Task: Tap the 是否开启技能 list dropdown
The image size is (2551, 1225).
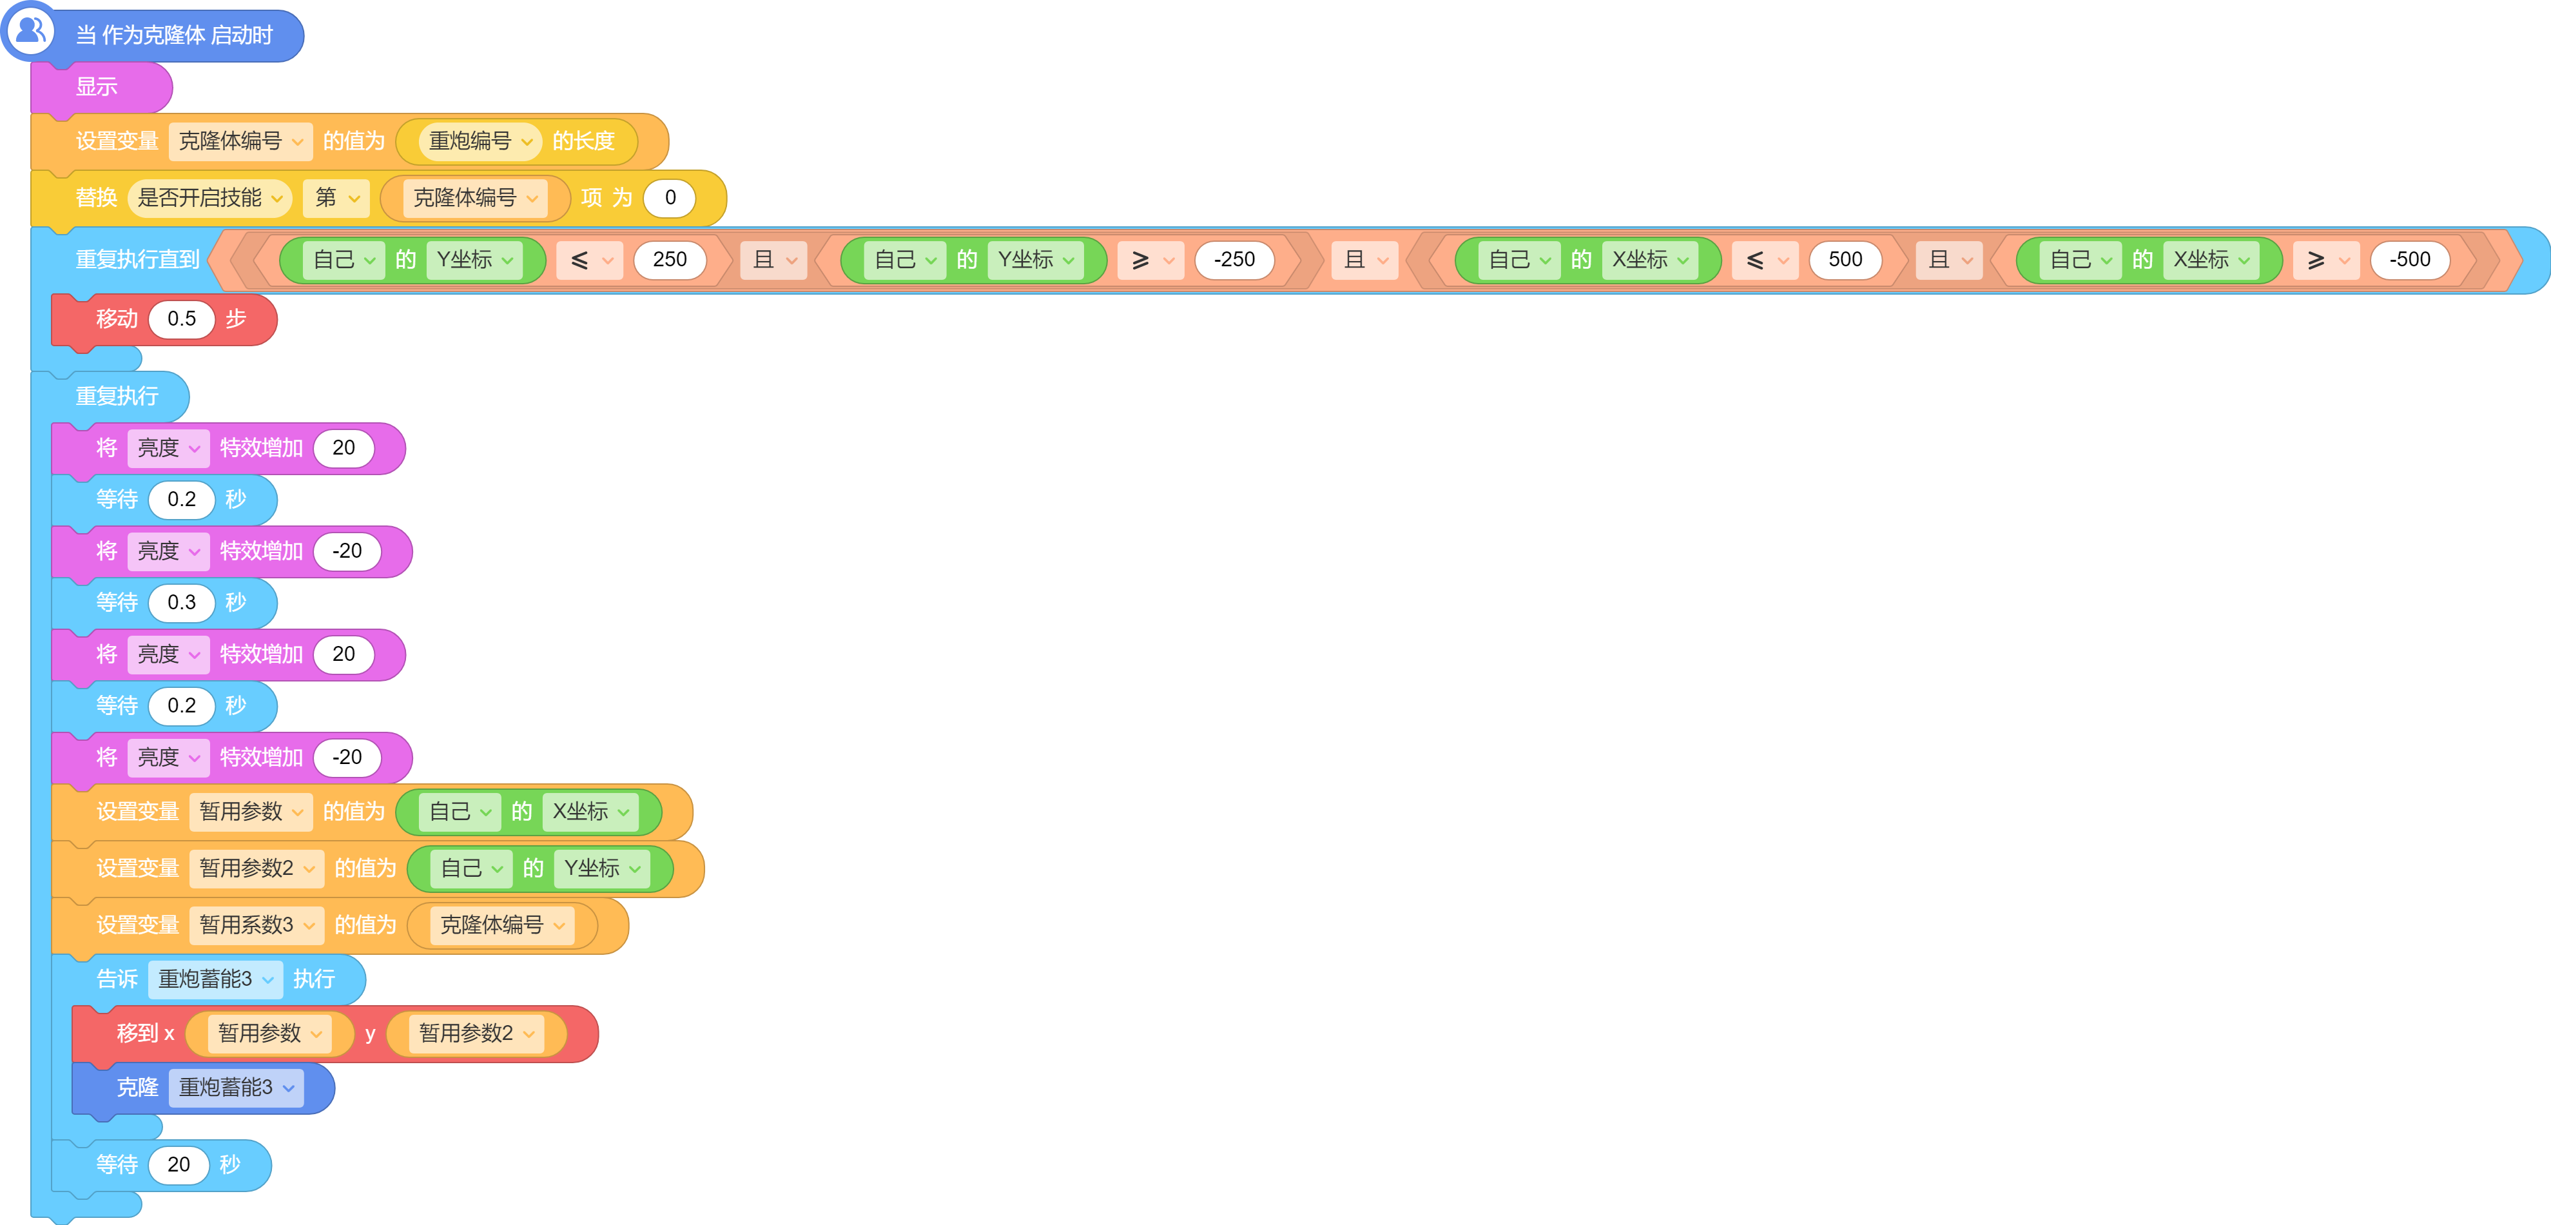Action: point(209,198)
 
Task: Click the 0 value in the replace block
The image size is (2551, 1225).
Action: point(670,198)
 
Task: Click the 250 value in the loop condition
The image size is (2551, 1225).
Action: point(670,259)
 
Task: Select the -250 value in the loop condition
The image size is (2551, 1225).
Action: point(1234,259)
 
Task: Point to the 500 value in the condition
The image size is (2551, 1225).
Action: point(1845,259)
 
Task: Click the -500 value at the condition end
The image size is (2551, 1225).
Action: point(2409,259)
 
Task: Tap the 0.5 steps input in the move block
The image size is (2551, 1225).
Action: point(181,319)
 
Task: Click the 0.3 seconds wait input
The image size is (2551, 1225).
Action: point(181,602)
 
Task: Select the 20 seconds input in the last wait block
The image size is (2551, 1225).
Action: point(179,1164)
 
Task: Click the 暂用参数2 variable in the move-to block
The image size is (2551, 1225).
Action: point(476,1034)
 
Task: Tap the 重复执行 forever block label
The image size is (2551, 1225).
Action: point(117,396)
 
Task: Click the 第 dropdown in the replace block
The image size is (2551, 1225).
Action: point(336,198)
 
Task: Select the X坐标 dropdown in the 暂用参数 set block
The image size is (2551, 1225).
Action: point(590,812)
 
